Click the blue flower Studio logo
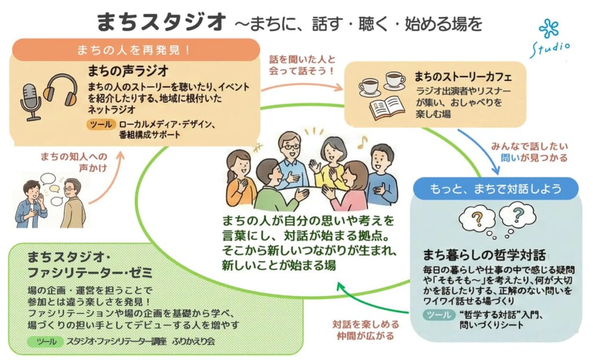pyautogui.click(x=548, y=29)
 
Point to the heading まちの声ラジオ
pyautogui.click(x=128, y=71)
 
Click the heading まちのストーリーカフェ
pyautogui.click(x=463, y=76)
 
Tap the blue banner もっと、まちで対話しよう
pyautogui.click(x=496, y=189)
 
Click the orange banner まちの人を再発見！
pyautogui.click(x=134, y=50)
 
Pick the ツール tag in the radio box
pyautogui.click(x=101, y=124)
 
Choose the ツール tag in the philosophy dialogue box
pyautogui.click(x=440, y=315)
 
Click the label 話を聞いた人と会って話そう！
pyautogui.click(x=302, y=65)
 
